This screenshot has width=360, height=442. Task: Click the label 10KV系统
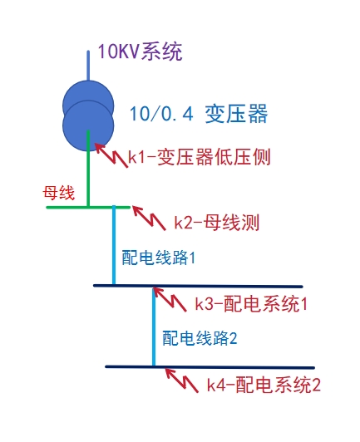click(x=140, y=52)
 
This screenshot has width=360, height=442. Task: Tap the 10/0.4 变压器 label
click(x=199, y=114)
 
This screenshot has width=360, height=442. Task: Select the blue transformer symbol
click(x=88, y=115)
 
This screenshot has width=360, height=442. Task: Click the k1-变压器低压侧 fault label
click(x=200, y=157)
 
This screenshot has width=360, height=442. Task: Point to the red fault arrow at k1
click(x=111, y=155)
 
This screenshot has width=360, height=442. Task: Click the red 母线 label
click(x=59, y=193)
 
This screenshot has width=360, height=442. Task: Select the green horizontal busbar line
click(x=88, y=208)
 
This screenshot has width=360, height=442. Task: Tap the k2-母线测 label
click(x=216, y=223)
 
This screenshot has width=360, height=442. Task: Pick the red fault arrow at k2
click(x=149, y=219)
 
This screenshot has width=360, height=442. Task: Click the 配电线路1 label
click(x=159, y=258)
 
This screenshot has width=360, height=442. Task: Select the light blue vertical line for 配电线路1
click(x=114, y=245)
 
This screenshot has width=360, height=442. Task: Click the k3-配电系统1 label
click(x=251, y=304)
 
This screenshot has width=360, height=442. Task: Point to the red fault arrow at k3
click(x=170, y=300)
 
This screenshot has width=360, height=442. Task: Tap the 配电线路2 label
click(x=200, y=338)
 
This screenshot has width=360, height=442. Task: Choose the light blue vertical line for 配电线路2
click(x=154, y=327)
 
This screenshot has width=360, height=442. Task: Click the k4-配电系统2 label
click(x=264, y=385)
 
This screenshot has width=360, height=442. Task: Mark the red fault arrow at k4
click(x=182, y=381)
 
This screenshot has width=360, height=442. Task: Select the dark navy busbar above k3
click(x=198, y=286)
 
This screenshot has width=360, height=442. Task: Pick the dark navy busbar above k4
click(x=210, y=367)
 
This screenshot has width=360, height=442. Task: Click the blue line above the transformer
click(x=88, y=66)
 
